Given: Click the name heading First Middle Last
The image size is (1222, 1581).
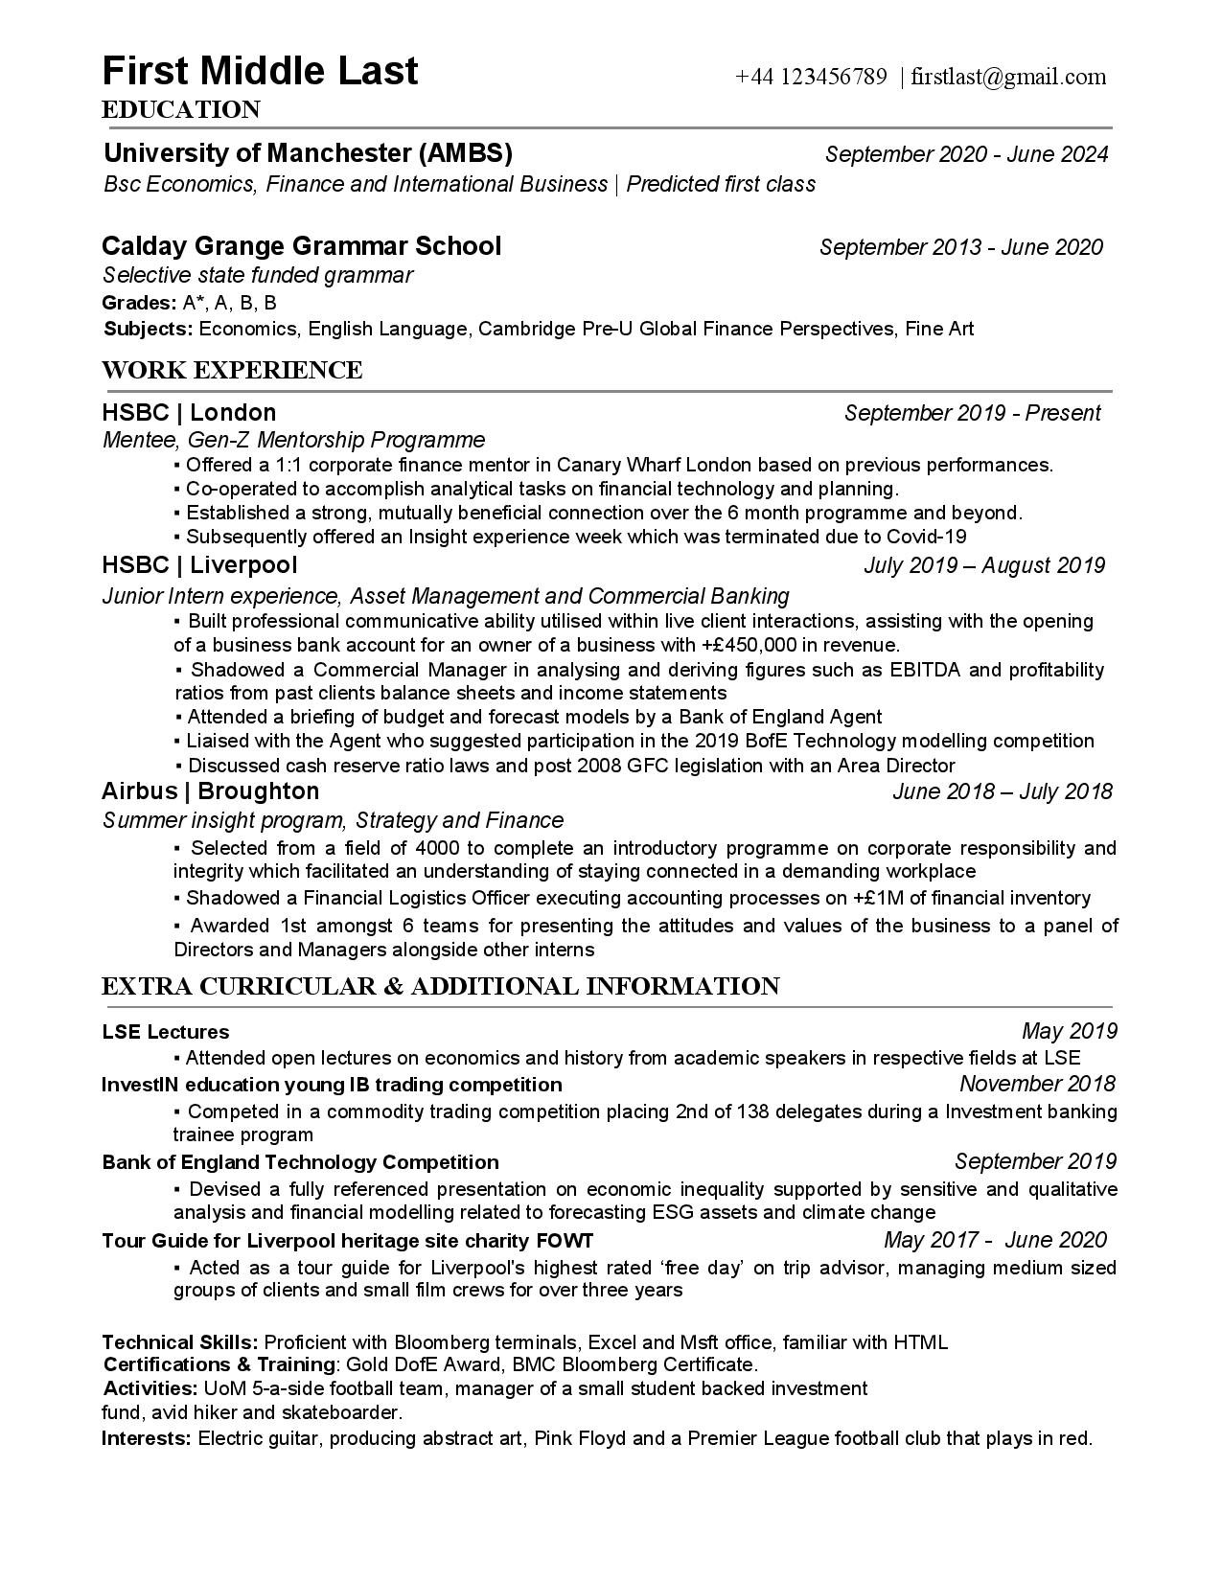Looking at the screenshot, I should tap(260, 72).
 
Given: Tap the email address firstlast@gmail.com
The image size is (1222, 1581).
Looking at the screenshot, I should tap(1008, 77).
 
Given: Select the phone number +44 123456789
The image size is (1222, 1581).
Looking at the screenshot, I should tap(811, 77).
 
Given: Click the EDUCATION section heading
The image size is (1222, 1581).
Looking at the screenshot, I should tap(181, 110).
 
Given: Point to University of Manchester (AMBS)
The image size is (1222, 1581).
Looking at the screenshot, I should tap(308, 153).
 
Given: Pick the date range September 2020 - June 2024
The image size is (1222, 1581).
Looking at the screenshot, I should tap(966, 154).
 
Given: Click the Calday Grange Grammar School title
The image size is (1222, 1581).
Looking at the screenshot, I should tap(302, 246).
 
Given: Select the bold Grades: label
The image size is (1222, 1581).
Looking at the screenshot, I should tap(139, 303).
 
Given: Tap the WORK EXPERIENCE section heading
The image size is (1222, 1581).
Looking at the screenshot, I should tap(232, 370).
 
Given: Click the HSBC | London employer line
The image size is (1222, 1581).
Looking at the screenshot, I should tap(189, 413).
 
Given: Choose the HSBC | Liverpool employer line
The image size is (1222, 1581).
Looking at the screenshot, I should tap(199, 564).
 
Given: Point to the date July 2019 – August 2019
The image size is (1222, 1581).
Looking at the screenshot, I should tap(983, 565).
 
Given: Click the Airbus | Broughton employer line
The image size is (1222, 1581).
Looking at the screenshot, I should tap(210, 790).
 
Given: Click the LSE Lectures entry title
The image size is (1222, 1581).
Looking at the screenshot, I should tap(166, 1032).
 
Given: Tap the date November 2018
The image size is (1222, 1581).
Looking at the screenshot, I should tap(1037, 1084).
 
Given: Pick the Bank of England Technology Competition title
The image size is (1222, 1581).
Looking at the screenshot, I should tap(300, 1162).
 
